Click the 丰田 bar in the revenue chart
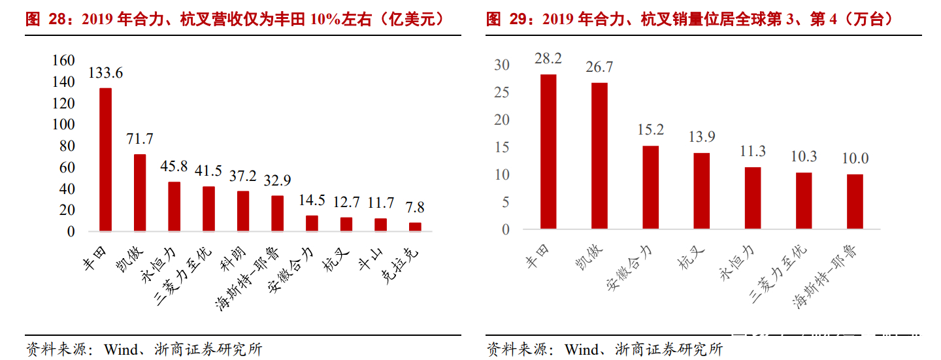pos(105,159)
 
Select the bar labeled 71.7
pos(140,193)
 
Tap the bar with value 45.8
pos(174,206)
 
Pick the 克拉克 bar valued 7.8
pos(415,227)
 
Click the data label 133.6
pos(105,73)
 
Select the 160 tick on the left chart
pos(64,60)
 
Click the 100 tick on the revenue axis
pos(64,124)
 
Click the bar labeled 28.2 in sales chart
pos(548,152)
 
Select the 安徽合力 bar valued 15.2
pos(650,188)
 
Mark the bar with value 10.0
pos(855,202)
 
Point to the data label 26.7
pos(599,67)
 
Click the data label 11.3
pos(753,152)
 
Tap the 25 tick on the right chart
pos(502,92)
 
